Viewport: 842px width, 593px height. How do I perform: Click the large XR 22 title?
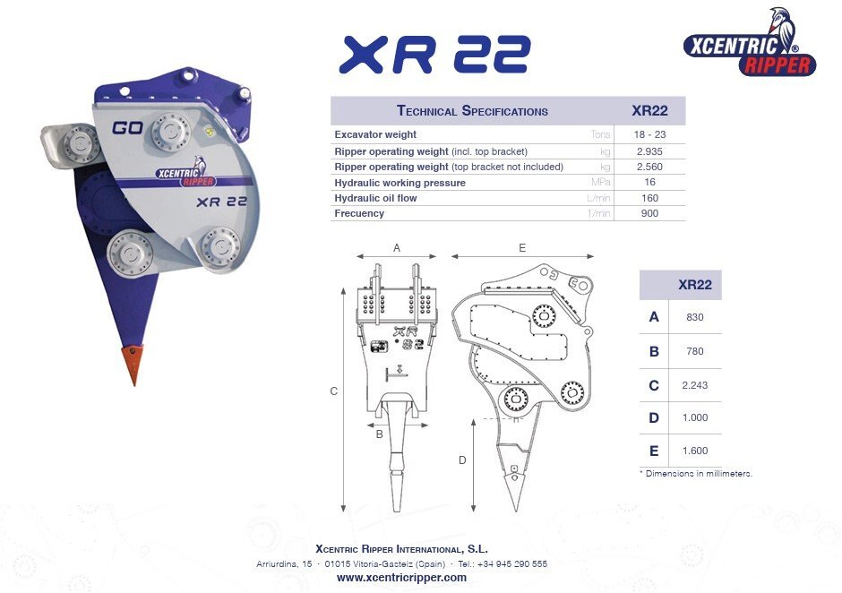click(x=434, y=55)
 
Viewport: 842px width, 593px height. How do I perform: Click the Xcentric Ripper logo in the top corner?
click(x=750, y=46)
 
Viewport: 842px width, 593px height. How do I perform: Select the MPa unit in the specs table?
click(x=599, y=183)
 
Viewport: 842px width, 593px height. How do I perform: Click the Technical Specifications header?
click(x=472, y=111)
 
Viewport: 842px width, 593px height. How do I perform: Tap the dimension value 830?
click(x=694, y=316)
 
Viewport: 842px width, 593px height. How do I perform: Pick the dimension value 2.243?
click(x=694, y=385)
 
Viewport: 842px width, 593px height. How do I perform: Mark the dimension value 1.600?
click(x=694, y=451)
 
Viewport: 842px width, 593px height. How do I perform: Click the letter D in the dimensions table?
click(x=654, y=417)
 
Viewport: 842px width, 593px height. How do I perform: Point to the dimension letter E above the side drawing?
click(x=522, y=248)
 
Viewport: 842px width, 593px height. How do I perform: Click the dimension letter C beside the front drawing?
click(x=333, y=391)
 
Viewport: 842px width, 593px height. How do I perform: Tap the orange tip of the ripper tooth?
click(x=133, y=364)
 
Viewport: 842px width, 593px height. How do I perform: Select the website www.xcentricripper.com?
click(x=401, y=578)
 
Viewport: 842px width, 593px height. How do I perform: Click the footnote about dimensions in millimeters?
click(x=695, y=473)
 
